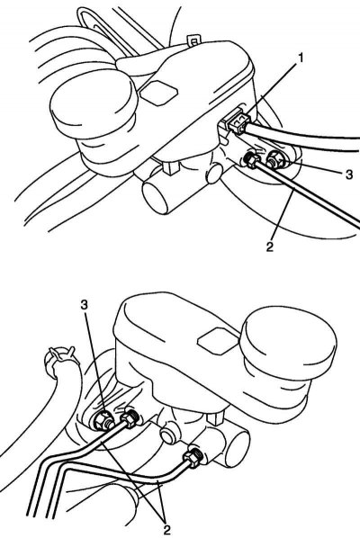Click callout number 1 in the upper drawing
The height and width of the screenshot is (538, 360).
tap(301, 58)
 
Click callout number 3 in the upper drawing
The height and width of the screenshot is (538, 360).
tap(348, 175)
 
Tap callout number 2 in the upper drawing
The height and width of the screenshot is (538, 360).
tap(270, 247)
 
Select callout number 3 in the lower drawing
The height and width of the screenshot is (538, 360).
tap(85, 304)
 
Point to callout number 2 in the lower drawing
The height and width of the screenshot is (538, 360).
tap(167, 530)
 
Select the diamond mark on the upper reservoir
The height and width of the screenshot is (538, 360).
tap(158, 92)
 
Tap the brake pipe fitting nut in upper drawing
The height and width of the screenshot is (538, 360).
tap(252, 159)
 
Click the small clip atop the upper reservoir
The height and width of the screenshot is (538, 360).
tap(193, 41)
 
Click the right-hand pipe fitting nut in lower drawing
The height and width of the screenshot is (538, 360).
tap(193, 457)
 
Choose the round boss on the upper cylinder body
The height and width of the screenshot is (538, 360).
tap(215, 173)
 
